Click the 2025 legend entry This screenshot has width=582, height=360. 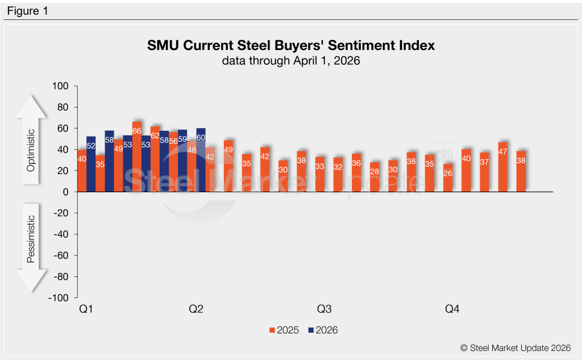pos(284,330)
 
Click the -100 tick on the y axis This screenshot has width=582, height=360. pos(59,298)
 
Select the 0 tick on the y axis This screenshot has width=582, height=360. pos(65,192)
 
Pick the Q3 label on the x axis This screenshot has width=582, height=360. pos(324,309)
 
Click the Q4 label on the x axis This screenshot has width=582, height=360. pos(452,309)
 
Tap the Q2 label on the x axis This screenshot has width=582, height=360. pos(196,309)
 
